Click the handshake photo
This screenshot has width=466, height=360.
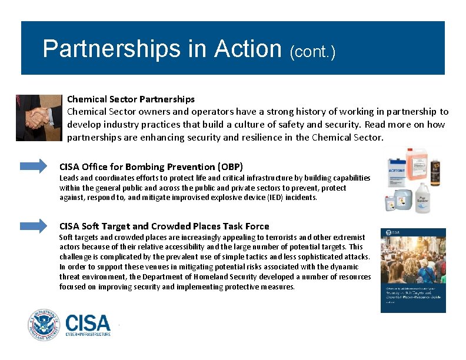[39, 118]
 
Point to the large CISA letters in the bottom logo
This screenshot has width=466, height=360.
[88, 322]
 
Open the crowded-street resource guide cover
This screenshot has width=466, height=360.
[413, 270]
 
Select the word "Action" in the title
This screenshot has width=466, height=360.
[248, 49]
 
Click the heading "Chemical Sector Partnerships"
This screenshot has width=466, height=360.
[131, 99]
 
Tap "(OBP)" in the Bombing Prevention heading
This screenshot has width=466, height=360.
[229, 166]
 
